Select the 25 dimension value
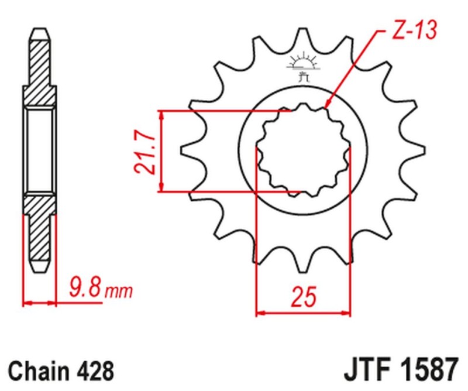pyautogui.click(x=304, y=297)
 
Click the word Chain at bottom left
pyautogui.click(x=37, y=372)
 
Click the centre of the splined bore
pyautogui.click(x=304, y=151)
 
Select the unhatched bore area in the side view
pyautogui.click(x=40, y=150)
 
